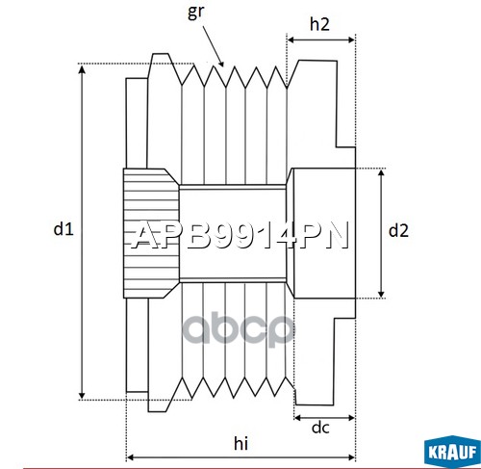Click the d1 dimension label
click(x=63, y=229)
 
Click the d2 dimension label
click(x=398, y=230)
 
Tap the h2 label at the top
click(x=319, y=24)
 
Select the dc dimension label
click(x=320, y=428)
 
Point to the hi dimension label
click(x=240, y=443)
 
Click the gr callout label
click(x=195, y=13)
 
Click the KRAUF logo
click(x=452, y=452)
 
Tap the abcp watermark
click(x=239, y=329)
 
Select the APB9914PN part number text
click(x=240, y=235)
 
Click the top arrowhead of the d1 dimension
click(x=83, y=68)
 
